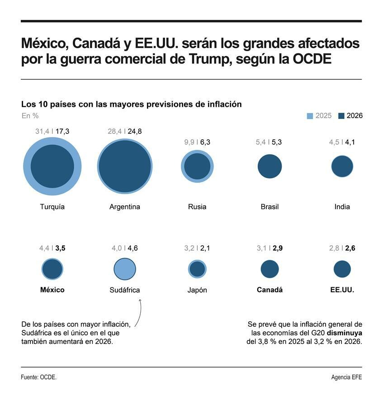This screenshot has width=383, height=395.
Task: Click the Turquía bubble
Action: [x=52, y=166]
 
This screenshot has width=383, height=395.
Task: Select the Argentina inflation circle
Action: [x=125, y=166]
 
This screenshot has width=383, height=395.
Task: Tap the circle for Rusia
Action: [x=197, y=166]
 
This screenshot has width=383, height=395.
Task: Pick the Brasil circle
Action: [x=270, y=166]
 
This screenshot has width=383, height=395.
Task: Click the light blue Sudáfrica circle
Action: [x=125, y=269]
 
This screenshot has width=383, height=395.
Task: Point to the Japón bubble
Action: [x=197, y=269]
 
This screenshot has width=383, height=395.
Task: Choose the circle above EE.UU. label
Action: [x=342, y=269]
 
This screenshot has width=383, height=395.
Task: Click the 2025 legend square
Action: [x=310, y=116]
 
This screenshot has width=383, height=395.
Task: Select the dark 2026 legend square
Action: [x=341, y=116]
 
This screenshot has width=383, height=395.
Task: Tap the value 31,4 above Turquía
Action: [x=42, y=131]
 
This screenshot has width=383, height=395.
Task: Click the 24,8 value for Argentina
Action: [x=135, y=131]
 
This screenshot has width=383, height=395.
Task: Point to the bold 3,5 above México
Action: [x=61, y=248]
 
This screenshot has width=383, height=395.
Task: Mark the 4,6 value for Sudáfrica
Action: [x=133, y=248]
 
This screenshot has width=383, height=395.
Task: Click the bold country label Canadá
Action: [x=270, y=290]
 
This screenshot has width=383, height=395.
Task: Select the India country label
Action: [x=342, y=207]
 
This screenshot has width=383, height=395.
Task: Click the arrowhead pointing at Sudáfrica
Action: [x=140, y=300]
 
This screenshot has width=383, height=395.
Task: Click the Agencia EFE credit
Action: [x=346, y=377]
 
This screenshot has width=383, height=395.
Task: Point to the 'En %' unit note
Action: [x=30, y=116]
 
